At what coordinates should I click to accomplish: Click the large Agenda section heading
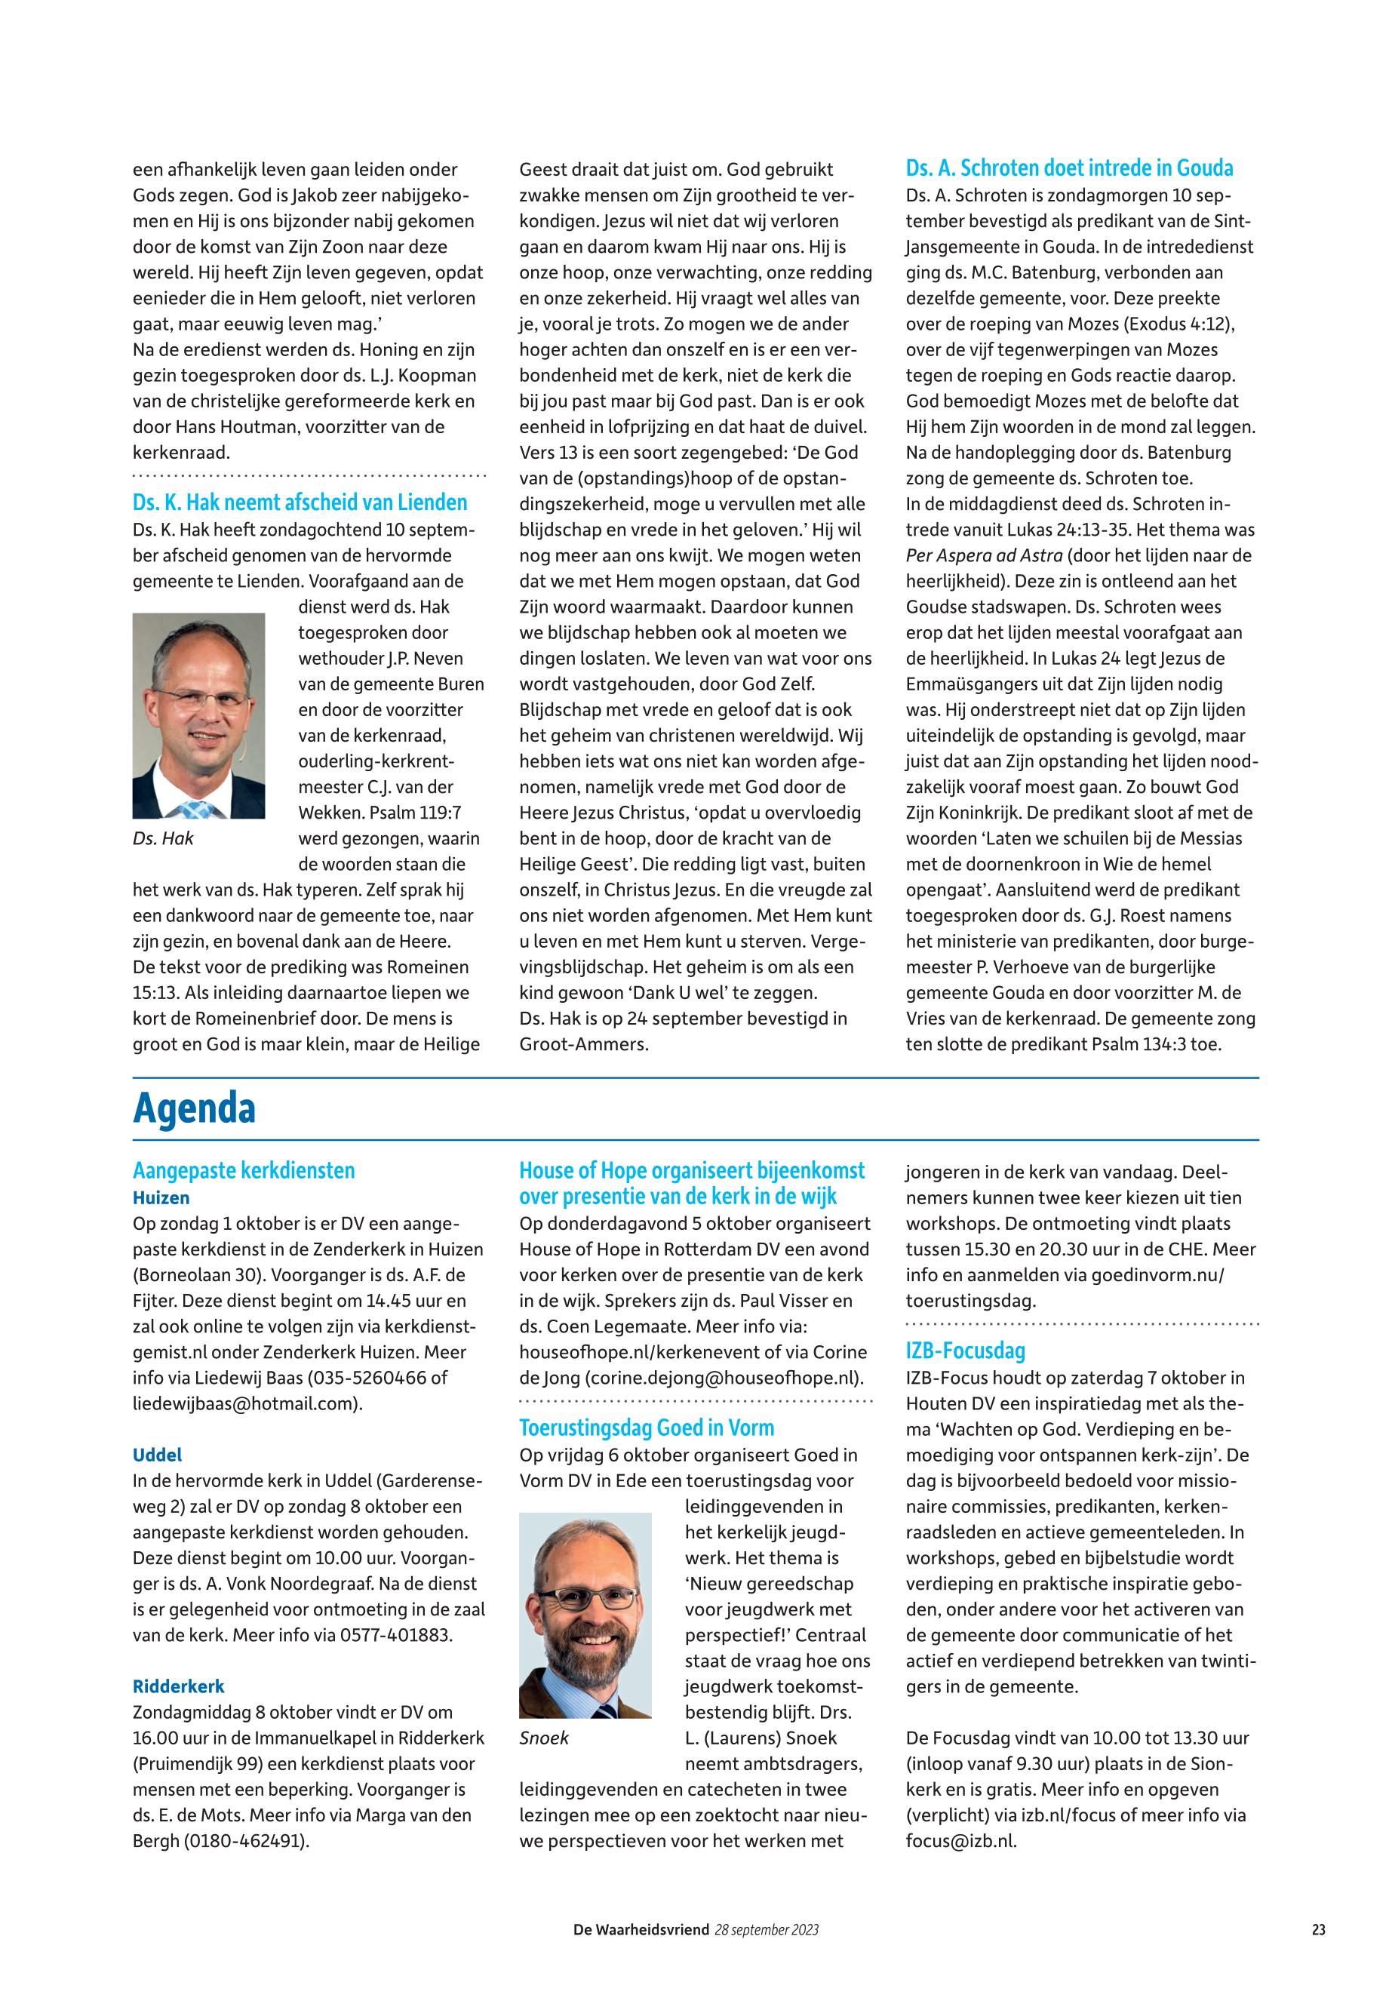[194, 1108]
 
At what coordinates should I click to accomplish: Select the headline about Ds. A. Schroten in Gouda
[1069, 168]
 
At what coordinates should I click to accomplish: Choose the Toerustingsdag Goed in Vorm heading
[647, 1428]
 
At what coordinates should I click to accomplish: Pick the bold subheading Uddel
[157, 1455]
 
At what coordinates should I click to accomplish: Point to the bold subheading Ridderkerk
[178, 1687]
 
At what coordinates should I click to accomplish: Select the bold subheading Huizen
[161, 1197]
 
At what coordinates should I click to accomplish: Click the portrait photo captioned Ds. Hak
[199, 715]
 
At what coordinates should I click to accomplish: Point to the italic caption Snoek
[543, 1738]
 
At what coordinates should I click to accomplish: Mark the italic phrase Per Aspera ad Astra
[983, 555]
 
